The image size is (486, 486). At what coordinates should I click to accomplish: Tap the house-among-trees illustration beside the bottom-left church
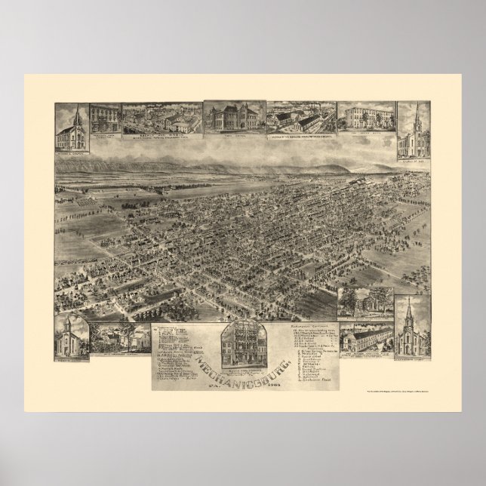(x=118, y=338)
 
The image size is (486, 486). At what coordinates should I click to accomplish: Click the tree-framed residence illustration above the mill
(x=364, y=301)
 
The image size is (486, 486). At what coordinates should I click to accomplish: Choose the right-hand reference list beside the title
(x=306, y=351)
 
